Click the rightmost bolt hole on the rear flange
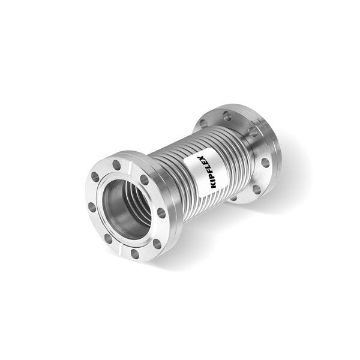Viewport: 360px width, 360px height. coord(265,163)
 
